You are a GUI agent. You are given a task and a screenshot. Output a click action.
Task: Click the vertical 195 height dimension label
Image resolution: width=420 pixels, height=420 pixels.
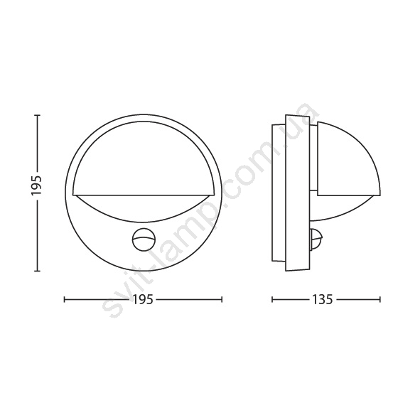(36, 185)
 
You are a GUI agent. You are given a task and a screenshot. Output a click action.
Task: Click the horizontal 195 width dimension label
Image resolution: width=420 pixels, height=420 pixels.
(144, 299)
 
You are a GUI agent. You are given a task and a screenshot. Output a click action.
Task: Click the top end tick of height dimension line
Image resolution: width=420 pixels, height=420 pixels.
(37, 115)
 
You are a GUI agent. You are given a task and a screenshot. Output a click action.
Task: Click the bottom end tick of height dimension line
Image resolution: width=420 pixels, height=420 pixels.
(37, 271)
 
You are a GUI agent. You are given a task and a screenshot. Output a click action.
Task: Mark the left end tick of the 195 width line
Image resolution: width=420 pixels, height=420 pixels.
(65, 299)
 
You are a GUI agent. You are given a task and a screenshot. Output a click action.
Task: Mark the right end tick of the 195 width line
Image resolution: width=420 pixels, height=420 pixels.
(222, 299)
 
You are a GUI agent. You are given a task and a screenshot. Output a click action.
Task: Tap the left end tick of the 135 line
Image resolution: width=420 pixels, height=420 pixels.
(272, 299)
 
